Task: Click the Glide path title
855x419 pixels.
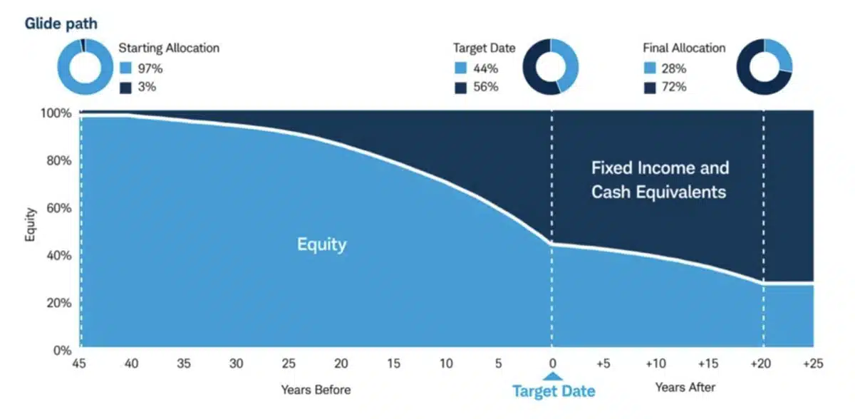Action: click(61, 24)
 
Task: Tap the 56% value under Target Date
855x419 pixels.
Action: click(485, 87)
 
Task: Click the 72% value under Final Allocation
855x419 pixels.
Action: click(673, 87)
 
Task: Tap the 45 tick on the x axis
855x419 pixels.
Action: click(81, 364)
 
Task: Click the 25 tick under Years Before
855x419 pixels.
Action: click(289, 364)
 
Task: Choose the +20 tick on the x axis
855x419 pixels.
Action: click(760, 364)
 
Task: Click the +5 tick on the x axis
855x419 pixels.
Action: click(603, 364)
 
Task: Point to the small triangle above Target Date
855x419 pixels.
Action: click(552, 375)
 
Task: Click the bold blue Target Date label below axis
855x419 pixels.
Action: click(554, 390)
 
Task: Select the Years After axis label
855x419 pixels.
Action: click(685, 388)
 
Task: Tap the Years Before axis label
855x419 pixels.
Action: click(316, 389)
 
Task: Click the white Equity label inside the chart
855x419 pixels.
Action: click(321, 244)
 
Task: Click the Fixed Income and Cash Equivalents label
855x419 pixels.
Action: click(660, 180)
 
